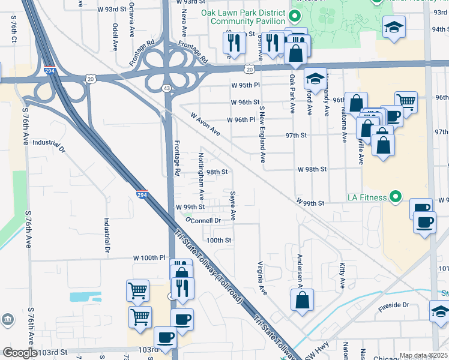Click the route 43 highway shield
[x=166, y=88]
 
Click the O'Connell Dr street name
[x=204, y=220]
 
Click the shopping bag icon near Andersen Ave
[x=303, y=299]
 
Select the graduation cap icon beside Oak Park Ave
[x=315, y=78]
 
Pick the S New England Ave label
[x=262, y=134]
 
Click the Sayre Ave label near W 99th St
[x=232, y=206]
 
